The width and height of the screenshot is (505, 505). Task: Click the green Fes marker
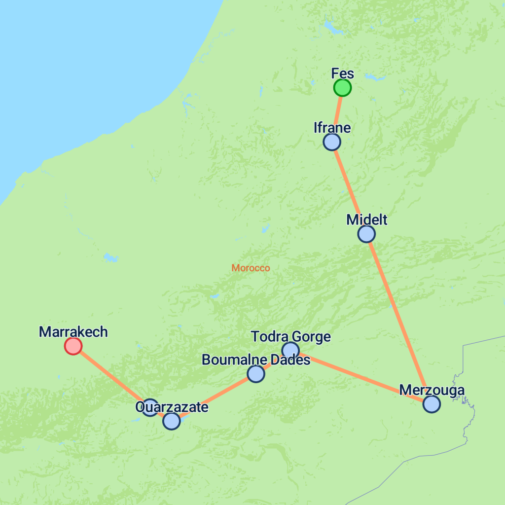pos(342,88)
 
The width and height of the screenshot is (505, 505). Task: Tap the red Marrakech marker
pos(73,346)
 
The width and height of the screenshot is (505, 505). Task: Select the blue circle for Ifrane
pos(332,142)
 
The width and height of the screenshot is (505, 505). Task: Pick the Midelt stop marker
pos(366,234)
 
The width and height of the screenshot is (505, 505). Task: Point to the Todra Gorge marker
pos(290,350)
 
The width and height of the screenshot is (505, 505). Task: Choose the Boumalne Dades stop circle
pos(255,374)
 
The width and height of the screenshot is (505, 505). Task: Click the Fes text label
pos(342,73)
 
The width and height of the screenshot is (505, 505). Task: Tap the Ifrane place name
pos(332,128)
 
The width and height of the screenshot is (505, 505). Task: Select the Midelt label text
pos(366,219)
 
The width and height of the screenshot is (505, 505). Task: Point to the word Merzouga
pos(432,390)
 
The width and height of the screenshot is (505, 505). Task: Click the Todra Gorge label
pos(290,337)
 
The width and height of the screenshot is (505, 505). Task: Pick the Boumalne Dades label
pos(255,360)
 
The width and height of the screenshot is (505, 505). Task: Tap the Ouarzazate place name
pos(172,407)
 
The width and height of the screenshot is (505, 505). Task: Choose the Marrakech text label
pos(73,332)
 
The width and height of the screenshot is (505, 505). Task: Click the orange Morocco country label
pos(251,268)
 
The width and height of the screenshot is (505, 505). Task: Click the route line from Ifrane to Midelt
pos(349,188)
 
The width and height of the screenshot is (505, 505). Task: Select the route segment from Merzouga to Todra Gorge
pos(360,377)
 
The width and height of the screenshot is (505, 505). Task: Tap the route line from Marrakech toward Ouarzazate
pos(111,376)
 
